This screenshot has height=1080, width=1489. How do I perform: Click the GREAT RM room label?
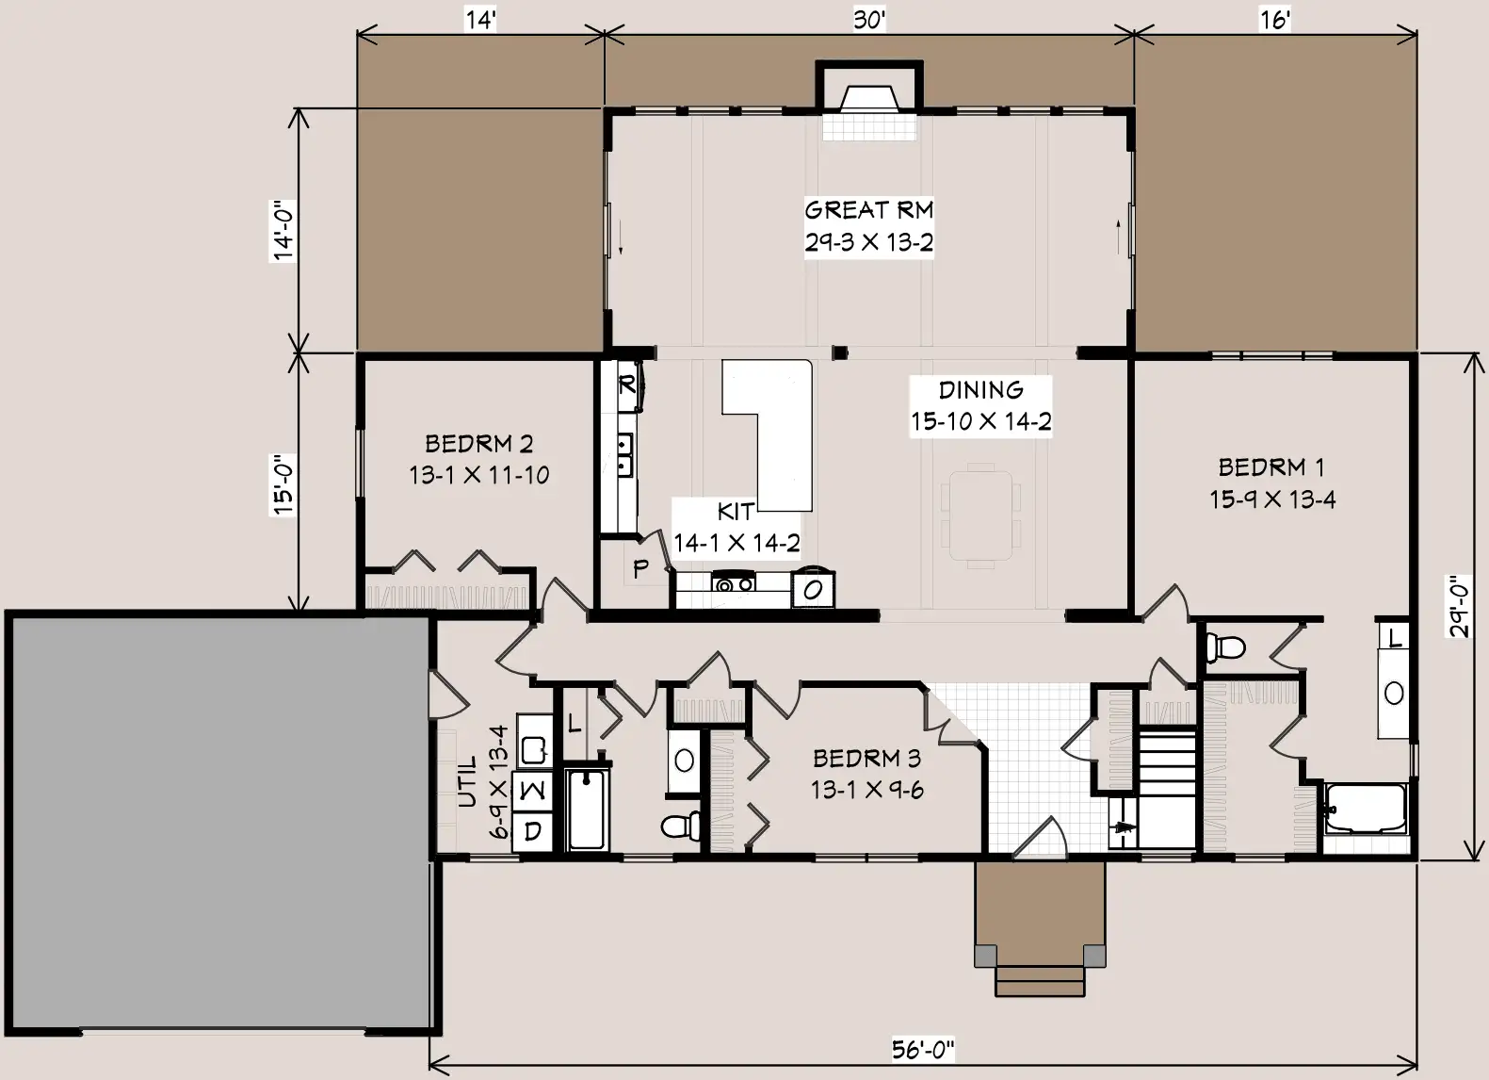[868, 210]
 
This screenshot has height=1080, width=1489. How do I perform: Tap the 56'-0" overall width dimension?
[923, 1050]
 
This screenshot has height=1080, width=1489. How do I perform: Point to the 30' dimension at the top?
[869, 20]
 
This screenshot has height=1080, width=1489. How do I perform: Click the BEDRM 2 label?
[478, 444]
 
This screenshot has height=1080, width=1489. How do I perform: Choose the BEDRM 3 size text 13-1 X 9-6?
[866, 790]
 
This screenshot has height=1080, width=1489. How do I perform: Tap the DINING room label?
[980, 390]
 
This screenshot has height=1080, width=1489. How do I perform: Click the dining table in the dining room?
[980, 516]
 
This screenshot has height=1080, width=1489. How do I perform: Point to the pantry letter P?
[640, 568]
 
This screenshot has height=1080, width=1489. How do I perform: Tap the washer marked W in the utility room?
[532, 791]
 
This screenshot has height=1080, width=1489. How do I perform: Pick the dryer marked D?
[532, 831]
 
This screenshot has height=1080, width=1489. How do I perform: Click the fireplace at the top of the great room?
[869, 100]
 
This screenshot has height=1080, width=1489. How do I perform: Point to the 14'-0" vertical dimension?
[283, 230]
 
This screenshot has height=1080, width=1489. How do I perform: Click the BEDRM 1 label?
[1271, 467]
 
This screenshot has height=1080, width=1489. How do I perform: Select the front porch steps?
[1040, 979]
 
